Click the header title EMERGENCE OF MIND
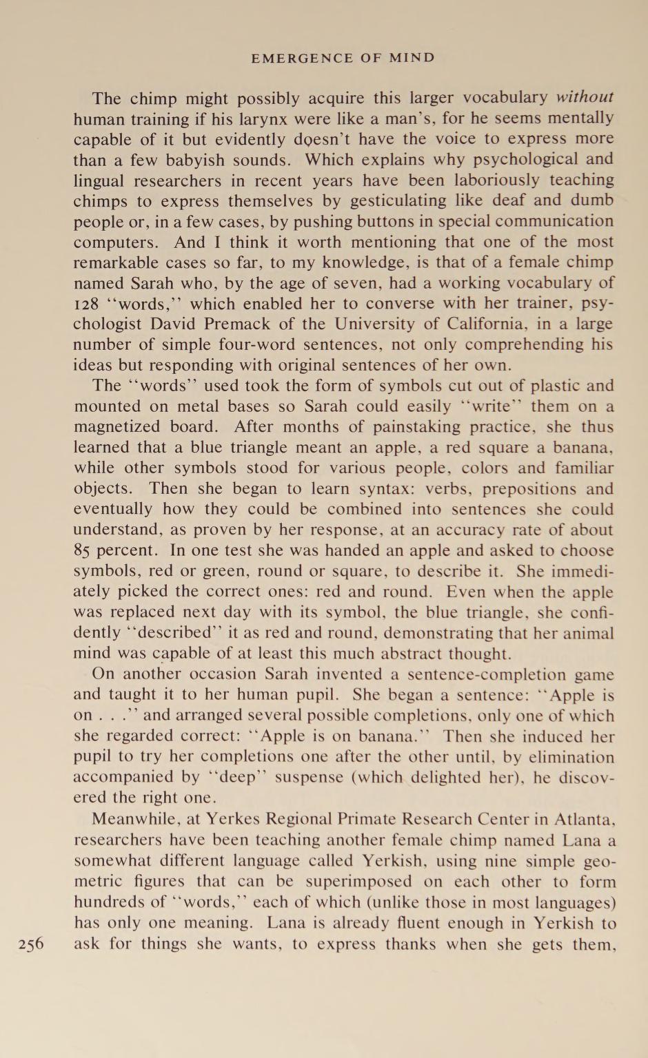click(x=343, y=58)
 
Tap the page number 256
click(x=31, y=944)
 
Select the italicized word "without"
click(x=585, y=97)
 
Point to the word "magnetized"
click(x=114, y=427)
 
